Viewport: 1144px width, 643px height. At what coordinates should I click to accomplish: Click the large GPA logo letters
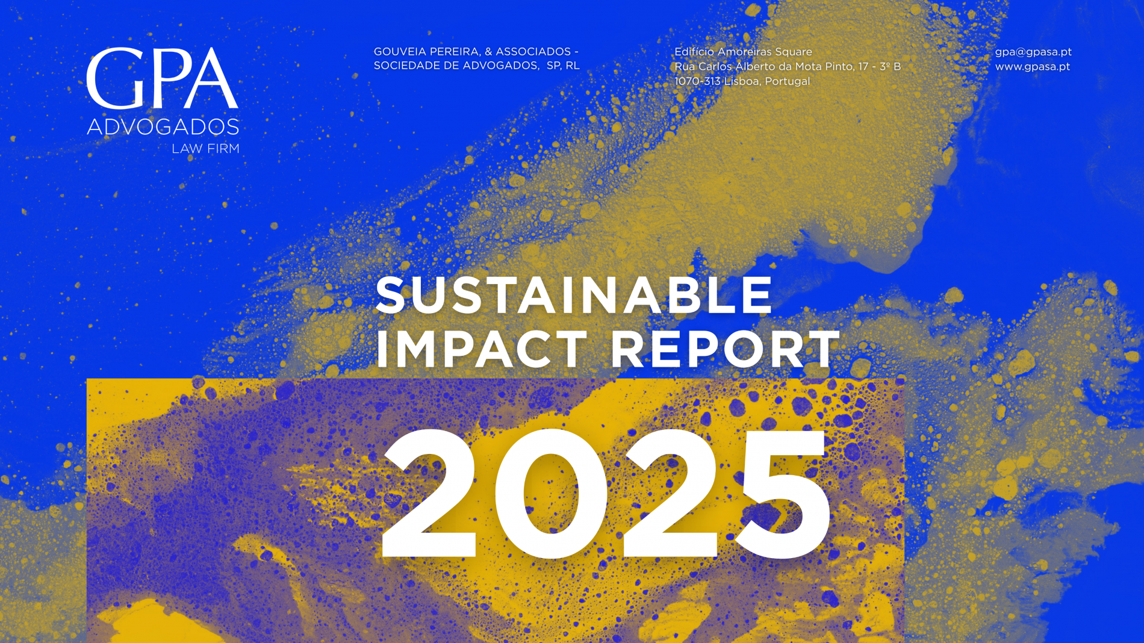point(163,78)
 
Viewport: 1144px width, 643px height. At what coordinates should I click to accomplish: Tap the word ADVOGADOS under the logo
point(163,127)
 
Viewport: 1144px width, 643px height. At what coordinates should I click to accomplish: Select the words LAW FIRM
point(205,149)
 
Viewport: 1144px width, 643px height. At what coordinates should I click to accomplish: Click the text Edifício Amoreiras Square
point(743,52)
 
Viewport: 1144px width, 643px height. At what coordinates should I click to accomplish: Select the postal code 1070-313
point(697,81)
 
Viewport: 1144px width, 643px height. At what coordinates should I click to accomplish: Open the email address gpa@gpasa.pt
point(1033,52)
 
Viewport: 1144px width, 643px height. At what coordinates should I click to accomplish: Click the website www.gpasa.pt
point(1033,67)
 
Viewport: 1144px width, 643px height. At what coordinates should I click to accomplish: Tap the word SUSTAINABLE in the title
point(574,295)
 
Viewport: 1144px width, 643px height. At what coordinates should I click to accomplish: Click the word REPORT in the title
point(726,349)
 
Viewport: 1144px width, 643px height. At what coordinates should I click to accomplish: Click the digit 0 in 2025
point(551,494)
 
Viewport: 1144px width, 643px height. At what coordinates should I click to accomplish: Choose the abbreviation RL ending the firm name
point(572,66)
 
